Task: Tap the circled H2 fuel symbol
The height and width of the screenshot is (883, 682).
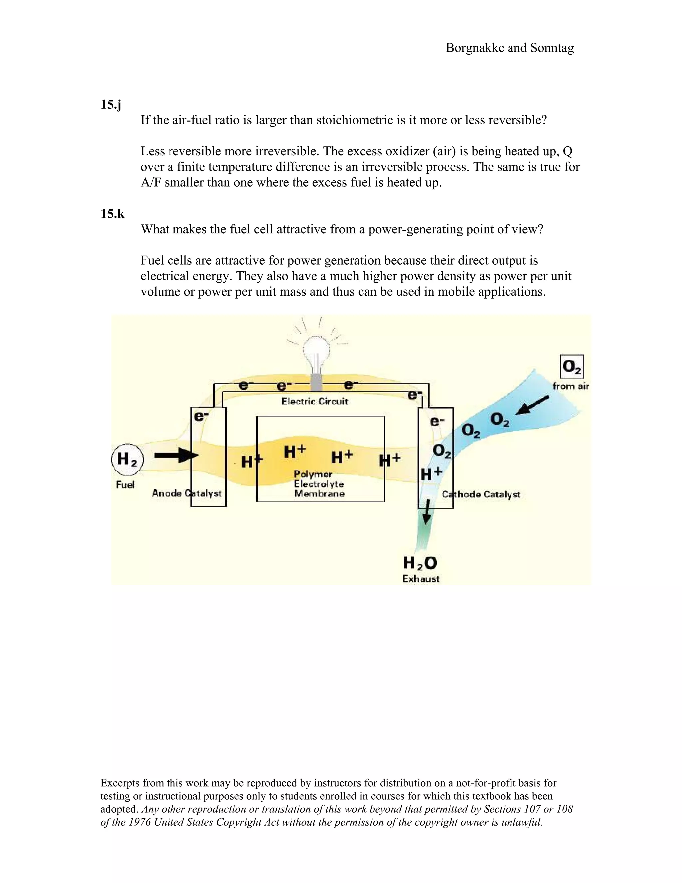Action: [x=127, y=460]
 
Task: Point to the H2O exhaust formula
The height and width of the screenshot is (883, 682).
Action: [x=420, y=562]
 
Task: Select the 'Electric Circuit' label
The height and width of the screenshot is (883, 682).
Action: [x=315, y=401]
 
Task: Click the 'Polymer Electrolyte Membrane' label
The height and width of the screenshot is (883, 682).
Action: [x=319, y=484]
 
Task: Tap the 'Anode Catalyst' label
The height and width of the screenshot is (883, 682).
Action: [x=187, y=493]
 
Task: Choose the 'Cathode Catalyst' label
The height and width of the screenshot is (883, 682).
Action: [x=481, y=494]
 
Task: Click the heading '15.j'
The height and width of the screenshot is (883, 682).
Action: [x=110, y=105]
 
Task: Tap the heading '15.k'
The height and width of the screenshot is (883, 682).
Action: [x=112, y=214]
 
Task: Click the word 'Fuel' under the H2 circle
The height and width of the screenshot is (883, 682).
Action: [x=125, y=485]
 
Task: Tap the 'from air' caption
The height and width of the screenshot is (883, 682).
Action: [x=570, y=386]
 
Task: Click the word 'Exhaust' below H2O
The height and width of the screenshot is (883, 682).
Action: [x=421, y=579]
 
